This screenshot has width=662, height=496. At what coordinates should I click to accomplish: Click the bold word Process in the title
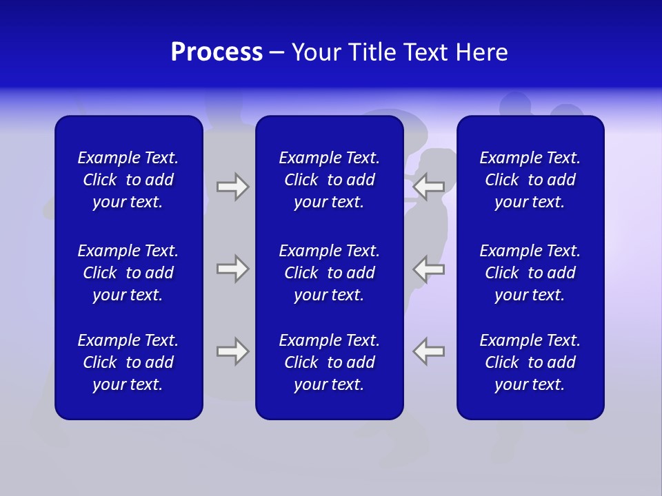click(x=217, y=52)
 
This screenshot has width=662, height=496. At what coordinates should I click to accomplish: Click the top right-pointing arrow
click(x=232, y=187)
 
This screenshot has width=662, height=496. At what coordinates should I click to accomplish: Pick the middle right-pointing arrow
click(x=232, y=269)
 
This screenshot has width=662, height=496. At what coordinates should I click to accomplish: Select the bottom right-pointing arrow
click(x=232, y=351)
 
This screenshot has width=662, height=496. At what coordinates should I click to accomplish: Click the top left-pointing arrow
click(x=429, y=187)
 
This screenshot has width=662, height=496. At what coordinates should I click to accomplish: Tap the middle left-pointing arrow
click(x=429, y=269)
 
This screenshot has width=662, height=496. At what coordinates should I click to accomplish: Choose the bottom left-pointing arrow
click(x=429, y=351)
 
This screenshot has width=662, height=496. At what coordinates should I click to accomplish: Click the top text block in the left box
click(x=128, y=180)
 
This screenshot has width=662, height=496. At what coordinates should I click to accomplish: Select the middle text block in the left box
click(x=128, y=273)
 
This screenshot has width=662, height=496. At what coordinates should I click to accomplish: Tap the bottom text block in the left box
click(x=128, y=362)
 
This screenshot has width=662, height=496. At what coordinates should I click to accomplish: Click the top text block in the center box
click(x=329, y=180)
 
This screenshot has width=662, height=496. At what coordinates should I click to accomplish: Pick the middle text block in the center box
click(x=329, y=273)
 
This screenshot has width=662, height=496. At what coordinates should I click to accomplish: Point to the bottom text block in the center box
click(x=329, y=362)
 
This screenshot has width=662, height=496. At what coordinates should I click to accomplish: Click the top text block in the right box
click(x=530, y=180)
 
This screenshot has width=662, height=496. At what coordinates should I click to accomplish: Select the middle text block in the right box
click(x=530, y=273)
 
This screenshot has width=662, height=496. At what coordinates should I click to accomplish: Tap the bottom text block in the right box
click(x=530, y=362)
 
